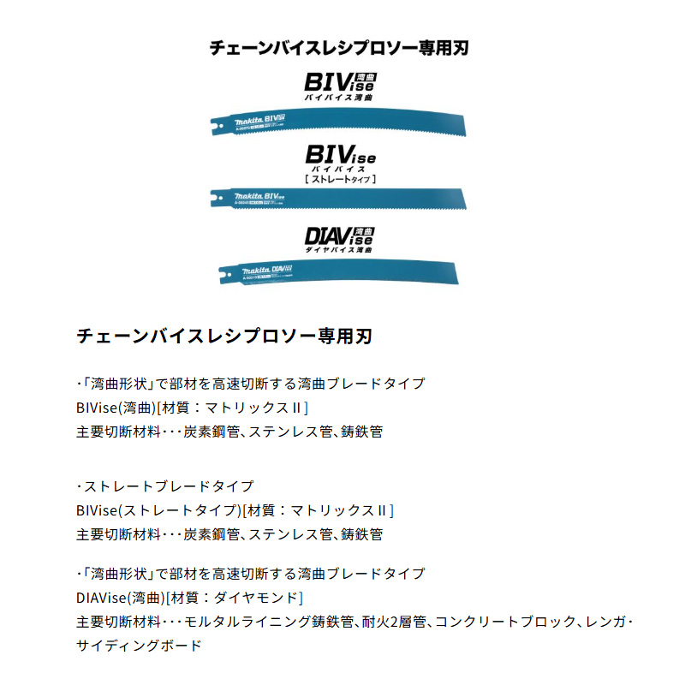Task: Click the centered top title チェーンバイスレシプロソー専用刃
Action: pos(339,48)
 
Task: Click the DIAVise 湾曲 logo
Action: pos(340,237)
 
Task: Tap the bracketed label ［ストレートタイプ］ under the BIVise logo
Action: pos(341,179)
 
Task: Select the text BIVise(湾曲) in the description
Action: pos(116,408)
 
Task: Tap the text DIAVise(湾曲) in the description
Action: pos(121,598)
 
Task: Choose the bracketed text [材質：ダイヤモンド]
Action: pos(235,598)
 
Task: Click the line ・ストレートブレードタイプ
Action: pos(164,486)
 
